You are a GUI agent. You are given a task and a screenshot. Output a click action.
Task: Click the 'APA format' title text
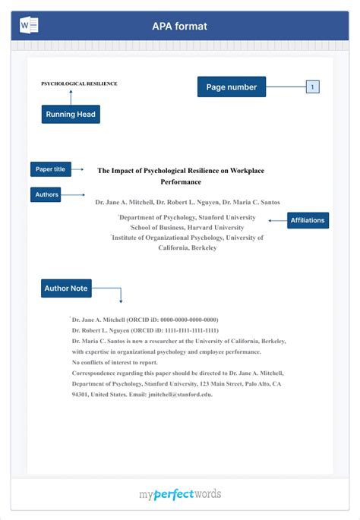[179, 27]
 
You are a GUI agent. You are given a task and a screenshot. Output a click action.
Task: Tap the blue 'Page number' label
[232, 87]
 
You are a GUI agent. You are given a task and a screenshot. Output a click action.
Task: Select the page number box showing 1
[312, 87]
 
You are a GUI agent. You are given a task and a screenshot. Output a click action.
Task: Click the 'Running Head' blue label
[71, 115]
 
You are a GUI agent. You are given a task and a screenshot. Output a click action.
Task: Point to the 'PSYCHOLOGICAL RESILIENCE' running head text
[79, 84]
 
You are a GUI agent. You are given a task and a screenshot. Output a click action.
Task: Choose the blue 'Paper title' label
[50, 169]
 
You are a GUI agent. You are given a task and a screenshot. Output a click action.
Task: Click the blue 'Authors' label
[46, 195]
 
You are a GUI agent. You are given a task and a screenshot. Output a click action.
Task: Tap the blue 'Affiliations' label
[307, 221]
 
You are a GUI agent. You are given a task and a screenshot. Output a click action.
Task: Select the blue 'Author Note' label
[66, 288]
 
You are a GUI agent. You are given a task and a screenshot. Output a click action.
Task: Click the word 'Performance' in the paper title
[181, 183]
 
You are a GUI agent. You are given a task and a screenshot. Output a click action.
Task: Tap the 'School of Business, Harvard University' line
[187, 228]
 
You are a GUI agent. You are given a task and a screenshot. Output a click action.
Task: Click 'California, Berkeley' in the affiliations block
[187, 248]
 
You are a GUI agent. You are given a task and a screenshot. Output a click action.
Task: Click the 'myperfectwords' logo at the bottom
[180, 494]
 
